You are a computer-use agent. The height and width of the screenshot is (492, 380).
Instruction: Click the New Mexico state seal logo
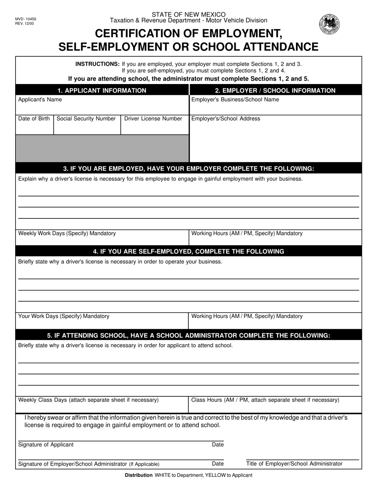coord(329,24)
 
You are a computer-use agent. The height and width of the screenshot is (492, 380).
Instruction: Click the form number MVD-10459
coord(26,19)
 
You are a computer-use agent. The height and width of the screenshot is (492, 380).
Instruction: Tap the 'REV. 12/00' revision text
coord(24,24)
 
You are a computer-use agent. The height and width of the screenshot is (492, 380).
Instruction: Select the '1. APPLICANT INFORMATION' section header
coord(102,90)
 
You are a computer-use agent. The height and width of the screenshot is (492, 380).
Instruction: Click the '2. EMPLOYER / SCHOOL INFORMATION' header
coord(275,90)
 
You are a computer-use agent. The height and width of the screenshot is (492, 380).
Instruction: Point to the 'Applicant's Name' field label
coord(40,100)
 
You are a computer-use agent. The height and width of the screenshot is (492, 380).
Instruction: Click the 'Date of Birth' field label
coord(34,119)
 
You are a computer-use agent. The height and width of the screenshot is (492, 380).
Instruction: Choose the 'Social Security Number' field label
coord(86,119)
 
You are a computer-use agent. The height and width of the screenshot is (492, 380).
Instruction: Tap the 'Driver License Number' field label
coord(153,119)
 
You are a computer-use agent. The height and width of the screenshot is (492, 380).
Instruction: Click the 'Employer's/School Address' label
coord(226,119)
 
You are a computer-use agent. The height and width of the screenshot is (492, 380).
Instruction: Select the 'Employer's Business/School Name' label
coord(235,100)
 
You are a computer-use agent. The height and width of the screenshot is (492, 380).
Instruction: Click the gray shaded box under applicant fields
coord(102,148)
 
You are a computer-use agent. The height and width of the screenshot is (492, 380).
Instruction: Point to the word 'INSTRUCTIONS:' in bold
coord(98,64)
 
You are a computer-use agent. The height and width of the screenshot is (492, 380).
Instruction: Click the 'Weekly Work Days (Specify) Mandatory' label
coord(67,233)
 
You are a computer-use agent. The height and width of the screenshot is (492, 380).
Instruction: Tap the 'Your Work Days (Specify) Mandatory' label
coord(64,316)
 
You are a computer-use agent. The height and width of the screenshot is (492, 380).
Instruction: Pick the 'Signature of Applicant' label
coord(46,445)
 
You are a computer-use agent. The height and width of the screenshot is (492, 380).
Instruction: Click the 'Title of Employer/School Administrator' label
coord(294,464)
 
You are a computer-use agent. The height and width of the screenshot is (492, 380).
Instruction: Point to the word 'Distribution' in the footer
coord(139,475)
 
